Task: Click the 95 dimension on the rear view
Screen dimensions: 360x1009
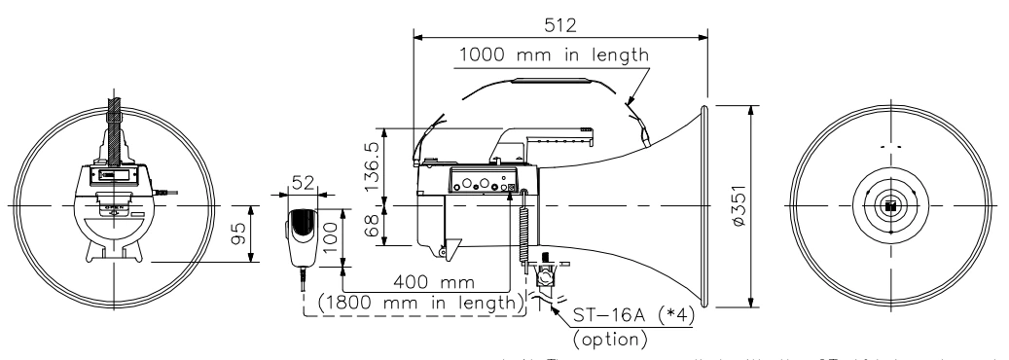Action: click(239, 234)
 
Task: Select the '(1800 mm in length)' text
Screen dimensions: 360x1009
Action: click(414, 303)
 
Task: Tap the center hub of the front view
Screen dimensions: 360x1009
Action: click(889, 206)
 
